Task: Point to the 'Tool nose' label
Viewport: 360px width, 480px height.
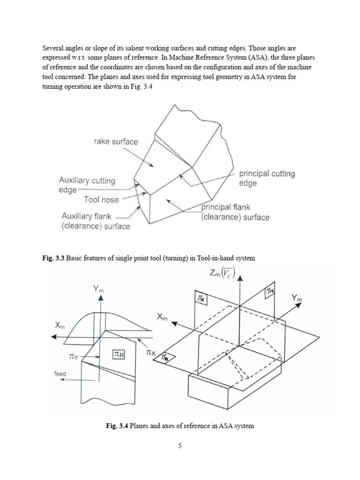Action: [x=101, y=200]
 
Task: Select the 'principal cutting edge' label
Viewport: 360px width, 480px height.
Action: [x=267, y=178]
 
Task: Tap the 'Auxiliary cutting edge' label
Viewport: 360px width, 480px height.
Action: [x=87, y=185]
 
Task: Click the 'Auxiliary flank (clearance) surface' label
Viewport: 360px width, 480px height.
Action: [x=96, y=221]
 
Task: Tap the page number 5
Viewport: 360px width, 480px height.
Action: [x=180, y=446]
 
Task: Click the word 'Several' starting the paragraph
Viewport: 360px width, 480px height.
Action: [x=53, y=48]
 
